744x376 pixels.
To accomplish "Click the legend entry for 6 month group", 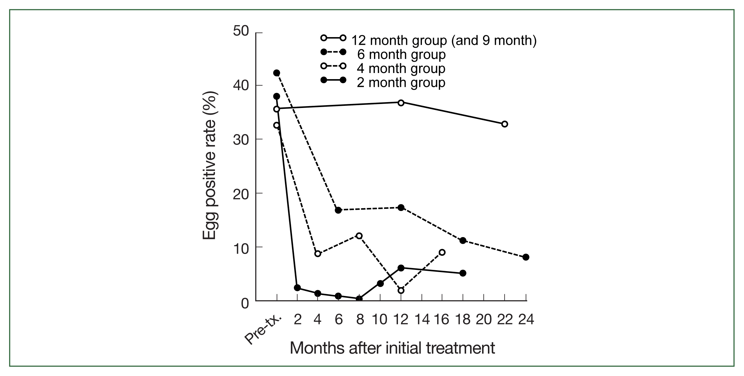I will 401,55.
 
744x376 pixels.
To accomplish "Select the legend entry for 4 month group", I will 401,68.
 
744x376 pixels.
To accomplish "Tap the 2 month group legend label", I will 401,82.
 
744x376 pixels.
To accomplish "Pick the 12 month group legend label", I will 444,40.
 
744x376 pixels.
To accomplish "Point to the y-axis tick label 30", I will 240,139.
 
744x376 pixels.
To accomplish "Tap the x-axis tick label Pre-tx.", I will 263,330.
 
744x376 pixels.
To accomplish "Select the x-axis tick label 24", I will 526,320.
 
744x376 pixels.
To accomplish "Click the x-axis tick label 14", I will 422,320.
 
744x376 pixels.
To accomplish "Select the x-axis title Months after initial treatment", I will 392,348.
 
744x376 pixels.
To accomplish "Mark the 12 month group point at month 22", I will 504,124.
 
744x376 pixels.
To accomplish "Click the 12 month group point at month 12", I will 401,103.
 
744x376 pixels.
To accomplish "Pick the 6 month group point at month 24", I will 526,257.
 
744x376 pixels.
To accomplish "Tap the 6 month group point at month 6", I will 338,210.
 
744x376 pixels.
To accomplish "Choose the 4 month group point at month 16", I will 442,252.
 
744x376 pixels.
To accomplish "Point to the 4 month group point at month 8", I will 359,236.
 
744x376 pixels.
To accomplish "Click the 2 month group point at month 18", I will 463,273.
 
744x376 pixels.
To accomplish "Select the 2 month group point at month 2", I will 297,288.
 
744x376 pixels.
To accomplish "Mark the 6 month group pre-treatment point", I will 277,73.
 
